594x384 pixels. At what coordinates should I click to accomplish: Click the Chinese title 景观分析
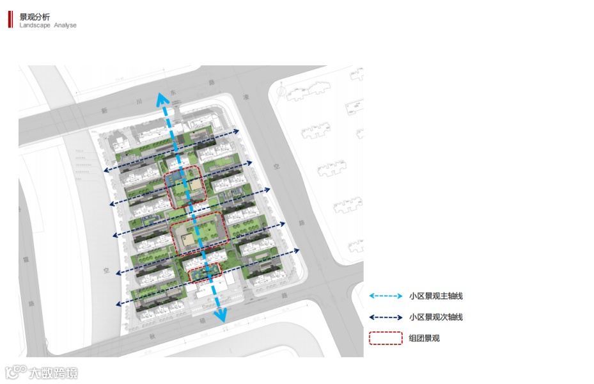[x=35, y=17]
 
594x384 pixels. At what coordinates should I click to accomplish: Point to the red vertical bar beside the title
[x=10, y=19]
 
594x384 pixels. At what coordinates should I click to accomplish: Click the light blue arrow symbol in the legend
[x=384, y=296]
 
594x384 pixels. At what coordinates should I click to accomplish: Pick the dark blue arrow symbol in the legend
[x=384, y=317]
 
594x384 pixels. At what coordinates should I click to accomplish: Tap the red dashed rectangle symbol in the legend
[x=385, y=338]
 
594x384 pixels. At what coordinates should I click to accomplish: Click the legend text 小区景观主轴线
[x=435, y=296]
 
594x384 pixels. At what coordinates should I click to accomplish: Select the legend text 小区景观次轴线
[x=435, y=317]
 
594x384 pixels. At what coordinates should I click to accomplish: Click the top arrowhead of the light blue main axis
[x=162, y=99]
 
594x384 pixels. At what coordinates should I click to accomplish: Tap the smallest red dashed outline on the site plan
[x=205, y=273]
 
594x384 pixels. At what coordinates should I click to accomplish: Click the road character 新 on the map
[x=104, y=110]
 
